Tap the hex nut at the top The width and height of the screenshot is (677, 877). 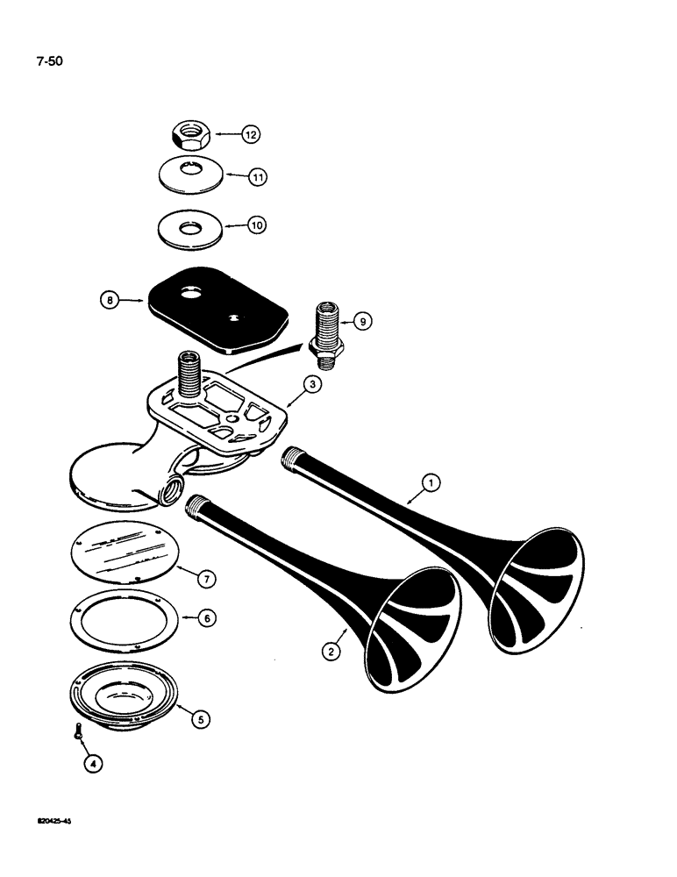[186, 134]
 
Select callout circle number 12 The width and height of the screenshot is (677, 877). [252, 135]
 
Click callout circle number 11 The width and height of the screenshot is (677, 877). [257, 176]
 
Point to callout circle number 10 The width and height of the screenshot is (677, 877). [256, 225]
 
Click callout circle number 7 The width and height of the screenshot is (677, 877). [206, 579]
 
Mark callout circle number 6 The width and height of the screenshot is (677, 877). [205, 618]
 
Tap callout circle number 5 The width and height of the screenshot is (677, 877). [200, 718]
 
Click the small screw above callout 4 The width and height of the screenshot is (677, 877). [77, 730]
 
